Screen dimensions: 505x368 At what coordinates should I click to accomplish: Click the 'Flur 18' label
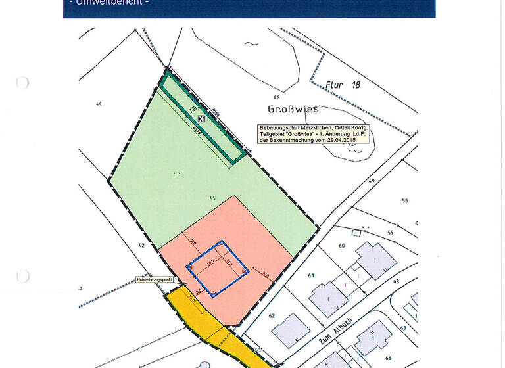pyautogui.click(x=343, y=85)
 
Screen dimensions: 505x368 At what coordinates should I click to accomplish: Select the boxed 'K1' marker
pyautogui.click(x=202, y=119)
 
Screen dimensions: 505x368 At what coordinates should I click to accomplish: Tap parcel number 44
pyautogui.click(x=99, y=104)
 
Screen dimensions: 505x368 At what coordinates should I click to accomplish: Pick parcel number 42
pyautogui.click(x=141, y=245)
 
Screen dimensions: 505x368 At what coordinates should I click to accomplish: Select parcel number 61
pyautogui.click(x=312, y=275)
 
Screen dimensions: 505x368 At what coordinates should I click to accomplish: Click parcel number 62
pyautogui.click(x=270, y=315)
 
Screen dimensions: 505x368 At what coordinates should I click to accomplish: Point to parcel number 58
pyautogui.click(x=405, y=201)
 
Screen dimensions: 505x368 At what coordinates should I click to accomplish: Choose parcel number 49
pyautogui.click(x=372, y=181)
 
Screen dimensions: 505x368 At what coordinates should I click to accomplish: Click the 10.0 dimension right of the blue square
pyautogui.click(x=265, y=273)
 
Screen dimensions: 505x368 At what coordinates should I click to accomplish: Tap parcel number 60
pyautogui.click(x=342, y=246)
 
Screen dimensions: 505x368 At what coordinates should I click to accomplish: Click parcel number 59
pyautogui.click(x=390, y=232)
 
